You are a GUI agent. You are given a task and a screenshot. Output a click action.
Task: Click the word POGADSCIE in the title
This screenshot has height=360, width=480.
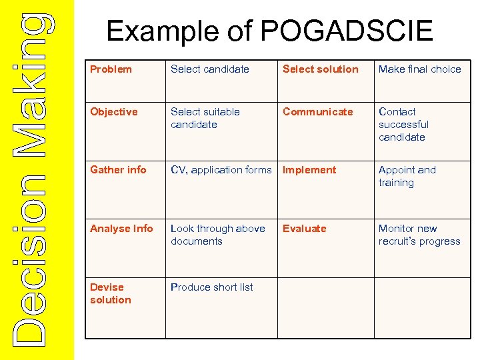click(347, 31)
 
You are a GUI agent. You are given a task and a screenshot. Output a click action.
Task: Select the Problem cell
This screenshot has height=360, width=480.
click(111, 69)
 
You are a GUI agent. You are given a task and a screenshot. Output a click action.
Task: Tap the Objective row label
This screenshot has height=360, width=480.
click(114, 112)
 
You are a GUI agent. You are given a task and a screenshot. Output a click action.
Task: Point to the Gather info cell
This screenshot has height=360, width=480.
click(118, 170)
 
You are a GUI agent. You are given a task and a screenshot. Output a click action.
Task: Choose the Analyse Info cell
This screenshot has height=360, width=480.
click(121, 229)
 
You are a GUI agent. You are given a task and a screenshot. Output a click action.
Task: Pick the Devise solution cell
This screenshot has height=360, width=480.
click(111, 293)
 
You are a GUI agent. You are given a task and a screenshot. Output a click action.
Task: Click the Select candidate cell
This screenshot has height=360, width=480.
click(210, 69)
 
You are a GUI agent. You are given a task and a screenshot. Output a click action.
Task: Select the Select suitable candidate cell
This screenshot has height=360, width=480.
click(205, 118)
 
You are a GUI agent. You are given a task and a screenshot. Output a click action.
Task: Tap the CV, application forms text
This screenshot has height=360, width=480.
click(221, 170)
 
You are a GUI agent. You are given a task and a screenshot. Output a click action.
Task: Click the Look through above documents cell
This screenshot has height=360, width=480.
click(218, 235)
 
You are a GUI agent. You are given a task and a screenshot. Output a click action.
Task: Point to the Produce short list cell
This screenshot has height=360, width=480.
click(212, 287)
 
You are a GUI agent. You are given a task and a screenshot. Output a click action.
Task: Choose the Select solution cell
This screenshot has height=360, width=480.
click(321, 69)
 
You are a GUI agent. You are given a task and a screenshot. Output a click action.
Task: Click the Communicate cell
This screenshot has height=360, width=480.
click(318, 112)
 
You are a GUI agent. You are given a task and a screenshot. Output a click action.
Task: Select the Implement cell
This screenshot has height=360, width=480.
click(310, 170)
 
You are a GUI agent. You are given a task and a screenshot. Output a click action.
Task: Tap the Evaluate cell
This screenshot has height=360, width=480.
click(305, 229)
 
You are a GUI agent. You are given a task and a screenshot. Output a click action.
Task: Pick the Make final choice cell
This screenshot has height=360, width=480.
click(420, 69)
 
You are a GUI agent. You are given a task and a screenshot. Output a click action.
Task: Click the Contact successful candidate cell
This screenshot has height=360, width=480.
click(404, 125)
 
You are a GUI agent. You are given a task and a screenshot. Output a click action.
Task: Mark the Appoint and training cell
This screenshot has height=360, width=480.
click(407, 176)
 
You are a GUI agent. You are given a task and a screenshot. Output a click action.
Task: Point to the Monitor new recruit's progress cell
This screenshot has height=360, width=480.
click(419, 235)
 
